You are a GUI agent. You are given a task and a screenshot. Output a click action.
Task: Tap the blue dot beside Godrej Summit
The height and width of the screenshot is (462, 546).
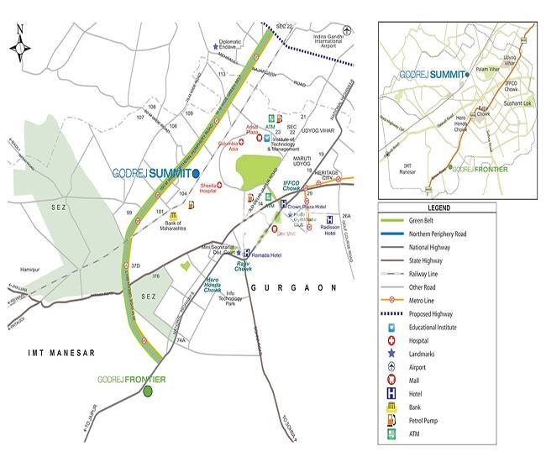pyautogui.click(x=196, y=173)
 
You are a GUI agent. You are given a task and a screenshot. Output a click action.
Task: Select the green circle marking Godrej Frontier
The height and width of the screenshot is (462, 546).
pyautogui.click(x=148, y=391)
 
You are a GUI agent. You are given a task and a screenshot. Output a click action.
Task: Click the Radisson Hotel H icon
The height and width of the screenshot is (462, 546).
pyautogui.click(x=329, y=222)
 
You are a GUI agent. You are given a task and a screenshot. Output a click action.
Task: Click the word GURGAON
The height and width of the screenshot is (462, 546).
pyautogui.click(x=293, y=287)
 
